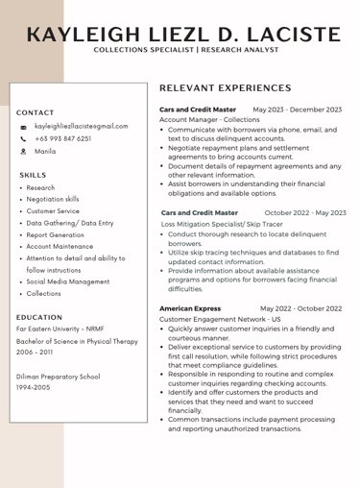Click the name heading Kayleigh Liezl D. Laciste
[183, 35]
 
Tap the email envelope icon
[23, 126]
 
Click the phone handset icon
[23, 138]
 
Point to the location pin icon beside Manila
[23, 152]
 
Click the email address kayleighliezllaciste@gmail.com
[81, 126]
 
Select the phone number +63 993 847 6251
[63, 138]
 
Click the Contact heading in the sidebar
[36, 112]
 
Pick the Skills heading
[33, 175]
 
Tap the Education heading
[39, 317]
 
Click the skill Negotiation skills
[53, 199]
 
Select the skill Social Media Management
[68, 281]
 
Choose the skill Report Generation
[55, 234]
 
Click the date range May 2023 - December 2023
[297, 110]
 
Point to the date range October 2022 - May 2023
[305, 212]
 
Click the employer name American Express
[190, 308]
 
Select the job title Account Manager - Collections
[209, 120]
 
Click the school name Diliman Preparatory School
[58, 377]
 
